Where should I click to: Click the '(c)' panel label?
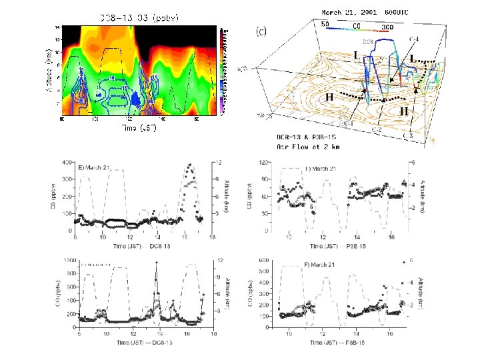(263, 30)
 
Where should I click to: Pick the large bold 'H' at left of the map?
(329, 97)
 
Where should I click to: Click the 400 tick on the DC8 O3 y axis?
(66, 163)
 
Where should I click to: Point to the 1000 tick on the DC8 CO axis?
(65, 260)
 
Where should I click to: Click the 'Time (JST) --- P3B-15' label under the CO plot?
(347, 343)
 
